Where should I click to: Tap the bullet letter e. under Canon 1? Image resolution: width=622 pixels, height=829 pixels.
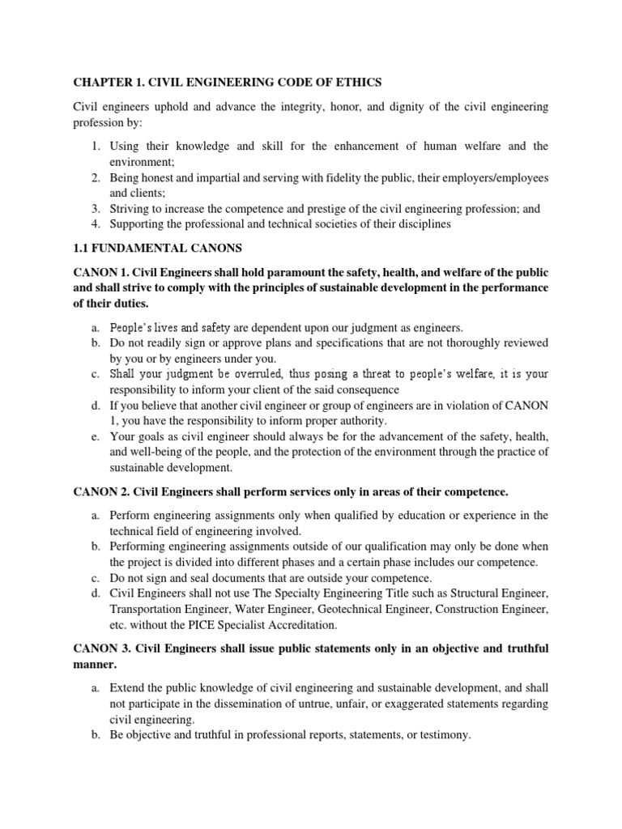pos(96,436)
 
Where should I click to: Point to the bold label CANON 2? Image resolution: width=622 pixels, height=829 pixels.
pos(100,491)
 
